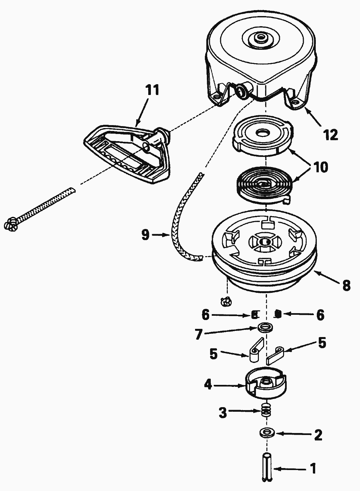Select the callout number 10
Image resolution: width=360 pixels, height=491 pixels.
[x=321, y=167]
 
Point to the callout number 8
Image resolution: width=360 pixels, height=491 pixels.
[x=346, y=285]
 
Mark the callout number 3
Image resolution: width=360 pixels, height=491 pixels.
[x=223, y=413]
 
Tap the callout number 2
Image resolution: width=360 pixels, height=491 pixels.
[x=318, y=435]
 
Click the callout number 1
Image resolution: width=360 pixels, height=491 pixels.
[x=313, y=469]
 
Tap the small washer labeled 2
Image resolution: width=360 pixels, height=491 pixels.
[x=267, y=432]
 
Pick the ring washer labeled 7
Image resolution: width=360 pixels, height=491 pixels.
[x=265, y=327]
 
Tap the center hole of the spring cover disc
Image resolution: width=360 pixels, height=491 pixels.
[x=262, y=133]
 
